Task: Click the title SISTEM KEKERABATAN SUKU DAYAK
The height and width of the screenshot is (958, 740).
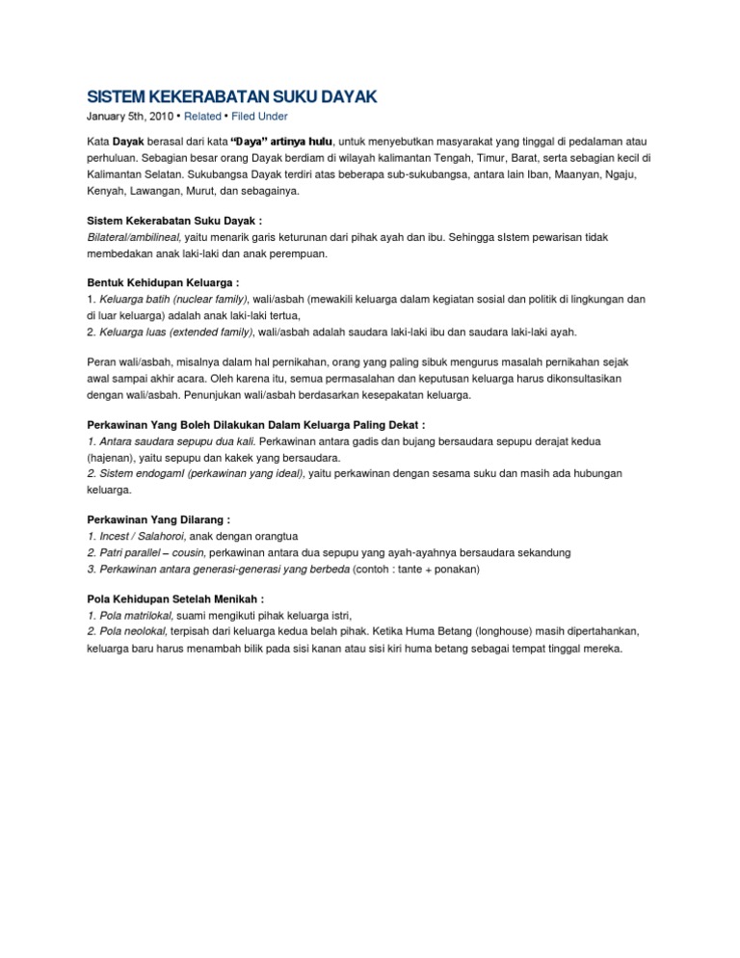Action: (227, 97)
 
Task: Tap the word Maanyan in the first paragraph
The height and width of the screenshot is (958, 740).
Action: (575, 174)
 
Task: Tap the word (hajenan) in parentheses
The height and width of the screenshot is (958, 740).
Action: (117, 457)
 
